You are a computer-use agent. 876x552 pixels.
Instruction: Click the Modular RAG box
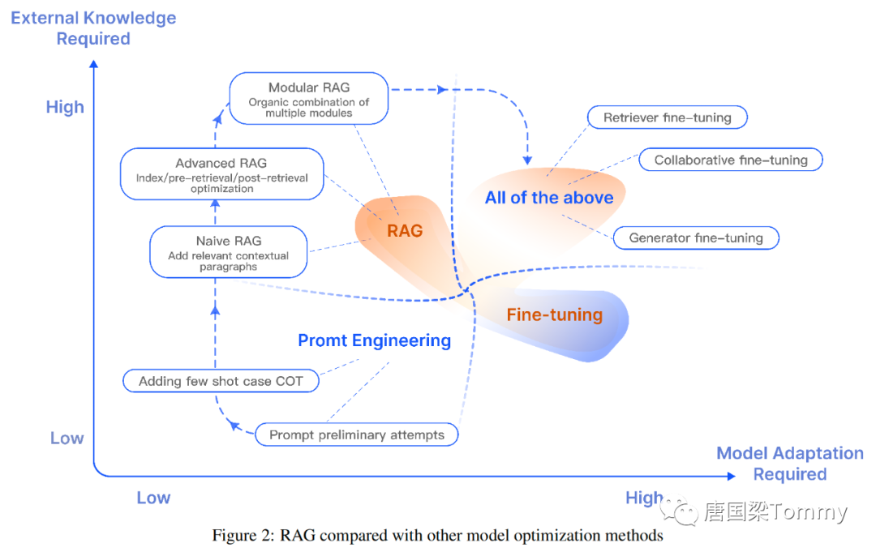pyautogui.click(x=308, y=98)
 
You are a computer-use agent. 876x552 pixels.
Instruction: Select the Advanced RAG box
pyautogui.click(x=221, y=173)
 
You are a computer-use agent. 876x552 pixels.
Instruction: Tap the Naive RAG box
pyautogui.click(x=229, y=252)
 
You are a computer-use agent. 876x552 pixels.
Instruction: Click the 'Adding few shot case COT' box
pyautogui.click(x=220, y=381)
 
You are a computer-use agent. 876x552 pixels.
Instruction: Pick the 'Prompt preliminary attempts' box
pyautogui.click(x=357, y=434)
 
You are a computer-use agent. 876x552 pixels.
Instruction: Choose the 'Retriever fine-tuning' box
pyautogui.click(x=667, y=118)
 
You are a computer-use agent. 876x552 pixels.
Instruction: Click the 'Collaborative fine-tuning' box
pyautogui.click(x=731, y=160)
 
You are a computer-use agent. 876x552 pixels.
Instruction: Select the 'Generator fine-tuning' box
pyautogui.click(x=696, y=237)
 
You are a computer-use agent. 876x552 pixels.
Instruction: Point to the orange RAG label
pyautogui.click(x=405, y=231)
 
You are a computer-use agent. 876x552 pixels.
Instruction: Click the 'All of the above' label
pyautogui.click(x=549, y=198)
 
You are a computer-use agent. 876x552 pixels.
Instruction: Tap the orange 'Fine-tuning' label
pyautogui.click(x=555, y=315)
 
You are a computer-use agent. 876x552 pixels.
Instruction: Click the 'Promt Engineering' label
pyautogui.click(x=374, y=340)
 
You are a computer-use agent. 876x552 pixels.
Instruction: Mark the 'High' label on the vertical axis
pyautogui.click(x=65, y=107)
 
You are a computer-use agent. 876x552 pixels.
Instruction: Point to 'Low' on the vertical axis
pyautogui.click(x=67, y=439)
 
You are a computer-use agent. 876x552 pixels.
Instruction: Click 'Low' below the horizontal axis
pyautogui.click(x=153, y=498)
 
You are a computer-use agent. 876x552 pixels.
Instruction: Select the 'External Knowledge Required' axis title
pyautogui.click(x=93, y=28)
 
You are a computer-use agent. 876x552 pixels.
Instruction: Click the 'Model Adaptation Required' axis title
pyautogui.click(x=789, y=464)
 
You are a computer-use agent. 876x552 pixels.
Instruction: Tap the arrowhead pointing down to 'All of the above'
pyautogui.click(x=528, y=160)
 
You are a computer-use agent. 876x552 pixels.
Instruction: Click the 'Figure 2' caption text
pyautogui.click(x=437, y=536)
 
